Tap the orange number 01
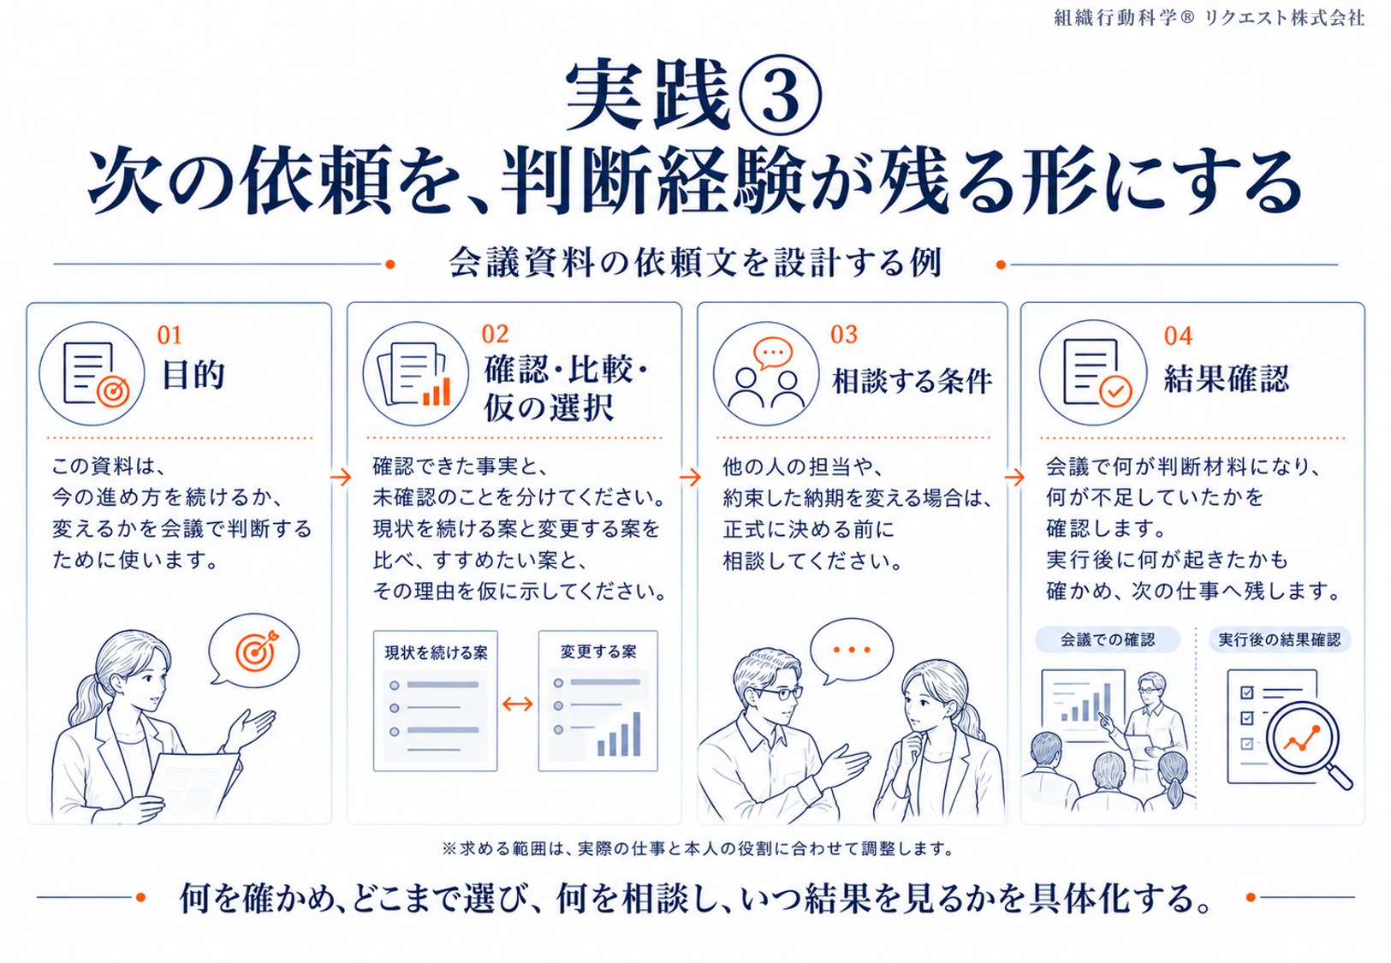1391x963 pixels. [169, 336]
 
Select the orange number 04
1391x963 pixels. [1178, 336]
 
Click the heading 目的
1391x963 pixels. [193, 375]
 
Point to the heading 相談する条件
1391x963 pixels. [912, 381]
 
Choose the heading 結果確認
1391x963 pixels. [1227, 378]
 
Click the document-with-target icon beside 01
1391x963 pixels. [92, 374]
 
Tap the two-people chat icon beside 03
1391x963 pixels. [765, 374]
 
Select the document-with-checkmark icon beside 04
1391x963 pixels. [1094, 372]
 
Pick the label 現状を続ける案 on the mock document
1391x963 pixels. [436, 652]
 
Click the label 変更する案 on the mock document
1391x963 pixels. [598, 651]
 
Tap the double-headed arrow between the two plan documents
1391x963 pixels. [517, 704]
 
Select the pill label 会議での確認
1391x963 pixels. [1107, 639]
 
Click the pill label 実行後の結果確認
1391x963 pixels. [1279, 639]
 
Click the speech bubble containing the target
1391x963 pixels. [253, 651]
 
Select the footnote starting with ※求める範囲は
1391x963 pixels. [697, 848]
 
